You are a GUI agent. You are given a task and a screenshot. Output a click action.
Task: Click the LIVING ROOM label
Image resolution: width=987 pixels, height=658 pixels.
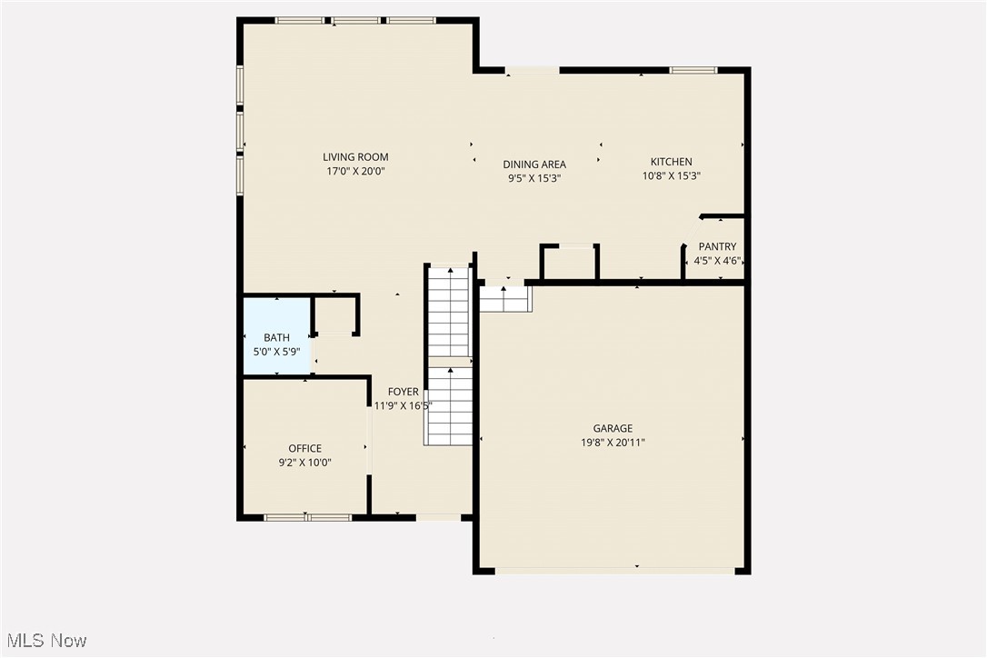point(355,157)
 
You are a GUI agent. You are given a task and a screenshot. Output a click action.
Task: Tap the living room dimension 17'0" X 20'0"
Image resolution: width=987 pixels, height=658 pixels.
point(355,171)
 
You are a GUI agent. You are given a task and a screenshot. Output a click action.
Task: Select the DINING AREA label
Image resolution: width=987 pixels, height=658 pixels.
point(534,164)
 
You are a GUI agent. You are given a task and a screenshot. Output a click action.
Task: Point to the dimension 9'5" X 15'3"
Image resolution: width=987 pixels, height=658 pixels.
point(534,178)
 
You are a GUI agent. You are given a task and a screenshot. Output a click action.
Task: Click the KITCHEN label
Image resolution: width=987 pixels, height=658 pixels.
point(671,162)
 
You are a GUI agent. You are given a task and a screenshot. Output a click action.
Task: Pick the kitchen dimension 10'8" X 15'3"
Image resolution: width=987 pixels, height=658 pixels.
point(671,175)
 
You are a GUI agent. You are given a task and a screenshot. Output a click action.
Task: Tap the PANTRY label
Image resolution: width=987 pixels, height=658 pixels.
point(717,247)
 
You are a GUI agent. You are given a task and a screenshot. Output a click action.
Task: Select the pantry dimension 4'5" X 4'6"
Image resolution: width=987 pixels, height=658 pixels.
point(717,261)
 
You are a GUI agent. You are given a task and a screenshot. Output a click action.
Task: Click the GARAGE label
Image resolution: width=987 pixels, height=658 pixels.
point(613,429)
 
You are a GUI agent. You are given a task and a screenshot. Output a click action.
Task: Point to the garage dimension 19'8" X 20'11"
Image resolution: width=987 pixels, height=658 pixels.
point(613,443)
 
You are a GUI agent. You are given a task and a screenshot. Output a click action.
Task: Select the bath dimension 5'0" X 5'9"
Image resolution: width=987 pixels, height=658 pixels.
point(276,351)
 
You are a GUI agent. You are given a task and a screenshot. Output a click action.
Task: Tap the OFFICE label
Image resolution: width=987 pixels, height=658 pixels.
point(304,448)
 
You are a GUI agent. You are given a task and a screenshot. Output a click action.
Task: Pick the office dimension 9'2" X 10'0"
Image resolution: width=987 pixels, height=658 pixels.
point(304,462)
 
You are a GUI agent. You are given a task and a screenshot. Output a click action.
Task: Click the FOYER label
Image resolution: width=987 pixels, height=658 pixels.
point(404,392)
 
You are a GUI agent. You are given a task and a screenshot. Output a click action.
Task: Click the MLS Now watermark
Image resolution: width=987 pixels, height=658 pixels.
point(45,641)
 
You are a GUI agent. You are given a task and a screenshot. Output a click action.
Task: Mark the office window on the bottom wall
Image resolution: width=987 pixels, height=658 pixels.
point(307,517)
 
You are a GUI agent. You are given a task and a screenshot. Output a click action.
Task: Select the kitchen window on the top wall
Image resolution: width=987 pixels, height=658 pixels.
point(693,70)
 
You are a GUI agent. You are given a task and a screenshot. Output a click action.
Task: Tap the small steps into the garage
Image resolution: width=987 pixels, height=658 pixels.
point(504,298)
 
